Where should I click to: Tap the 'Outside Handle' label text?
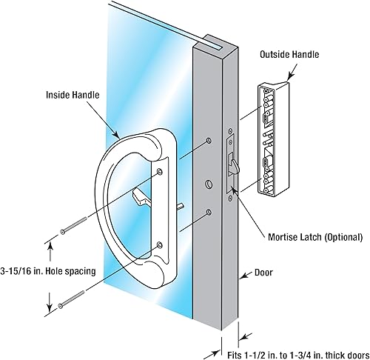pos(292,55)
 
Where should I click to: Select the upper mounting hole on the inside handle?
pos(160,173)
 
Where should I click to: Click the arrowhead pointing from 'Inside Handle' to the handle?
pos(119,136)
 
